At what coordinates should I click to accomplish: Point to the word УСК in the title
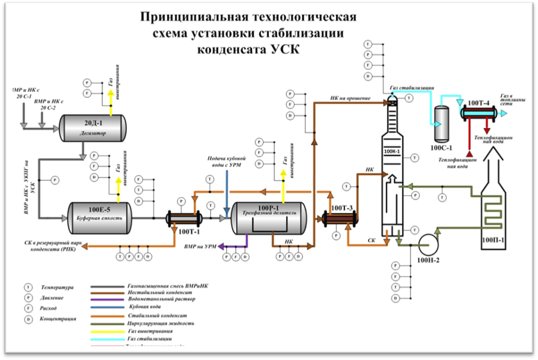[284, 49]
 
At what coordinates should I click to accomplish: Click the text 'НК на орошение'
[350, 99]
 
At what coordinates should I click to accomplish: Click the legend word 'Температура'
[57, 287]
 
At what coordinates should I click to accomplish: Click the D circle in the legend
[27, 319]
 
